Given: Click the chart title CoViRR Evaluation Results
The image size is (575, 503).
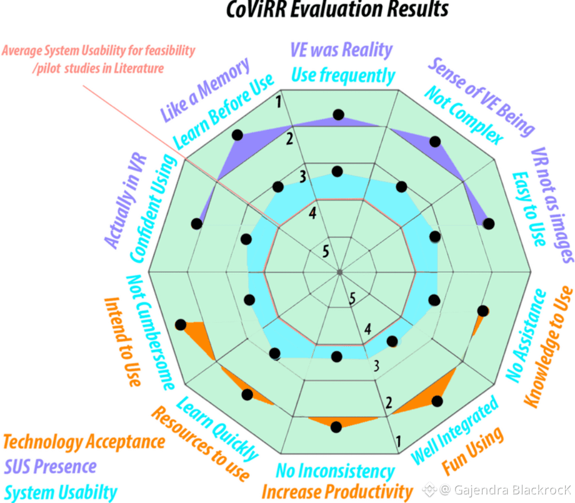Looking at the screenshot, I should coord(338,10).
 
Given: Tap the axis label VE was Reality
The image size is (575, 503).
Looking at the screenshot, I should coord(341,51).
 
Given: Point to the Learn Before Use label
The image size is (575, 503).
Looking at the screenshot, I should coord(224,111).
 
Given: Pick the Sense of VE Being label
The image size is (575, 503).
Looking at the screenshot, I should coord(480,96).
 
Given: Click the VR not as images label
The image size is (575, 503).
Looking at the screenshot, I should coord(552,206).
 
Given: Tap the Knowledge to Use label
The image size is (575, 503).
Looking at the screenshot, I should coord(549,347).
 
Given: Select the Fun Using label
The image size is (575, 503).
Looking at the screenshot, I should coord(473,451).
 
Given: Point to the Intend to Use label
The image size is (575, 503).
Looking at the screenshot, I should coord(122,342).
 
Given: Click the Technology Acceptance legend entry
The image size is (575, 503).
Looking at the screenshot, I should coord(84,442).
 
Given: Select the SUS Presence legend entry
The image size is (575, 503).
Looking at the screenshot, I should coord(51,467).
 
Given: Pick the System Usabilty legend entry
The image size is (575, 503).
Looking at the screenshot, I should coord(61,492).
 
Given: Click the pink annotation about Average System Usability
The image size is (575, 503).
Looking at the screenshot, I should coord(98,59).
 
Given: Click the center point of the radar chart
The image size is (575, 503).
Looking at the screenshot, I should coord(339,273).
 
